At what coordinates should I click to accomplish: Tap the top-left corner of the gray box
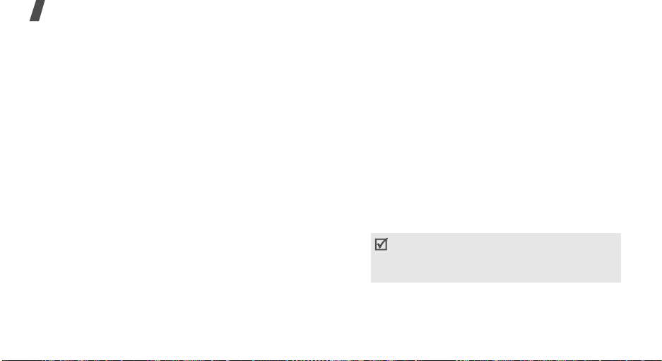pos(371,235)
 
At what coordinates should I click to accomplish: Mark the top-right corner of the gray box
pos(621,235)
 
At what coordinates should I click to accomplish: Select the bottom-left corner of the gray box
pos(371,283)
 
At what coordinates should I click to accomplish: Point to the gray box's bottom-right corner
pos(621,283)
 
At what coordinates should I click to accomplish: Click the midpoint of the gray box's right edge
pos(621,259)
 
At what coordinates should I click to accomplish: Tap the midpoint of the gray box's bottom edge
pos(496,283)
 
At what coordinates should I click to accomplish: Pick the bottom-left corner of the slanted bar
pos(8,20)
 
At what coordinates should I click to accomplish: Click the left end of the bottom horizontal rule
pos(1,360)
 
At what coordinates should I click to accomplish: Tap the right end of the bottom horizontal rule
pos(661,360)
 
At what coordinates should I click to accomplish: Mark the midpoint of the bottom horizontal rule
pos(331,360)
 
